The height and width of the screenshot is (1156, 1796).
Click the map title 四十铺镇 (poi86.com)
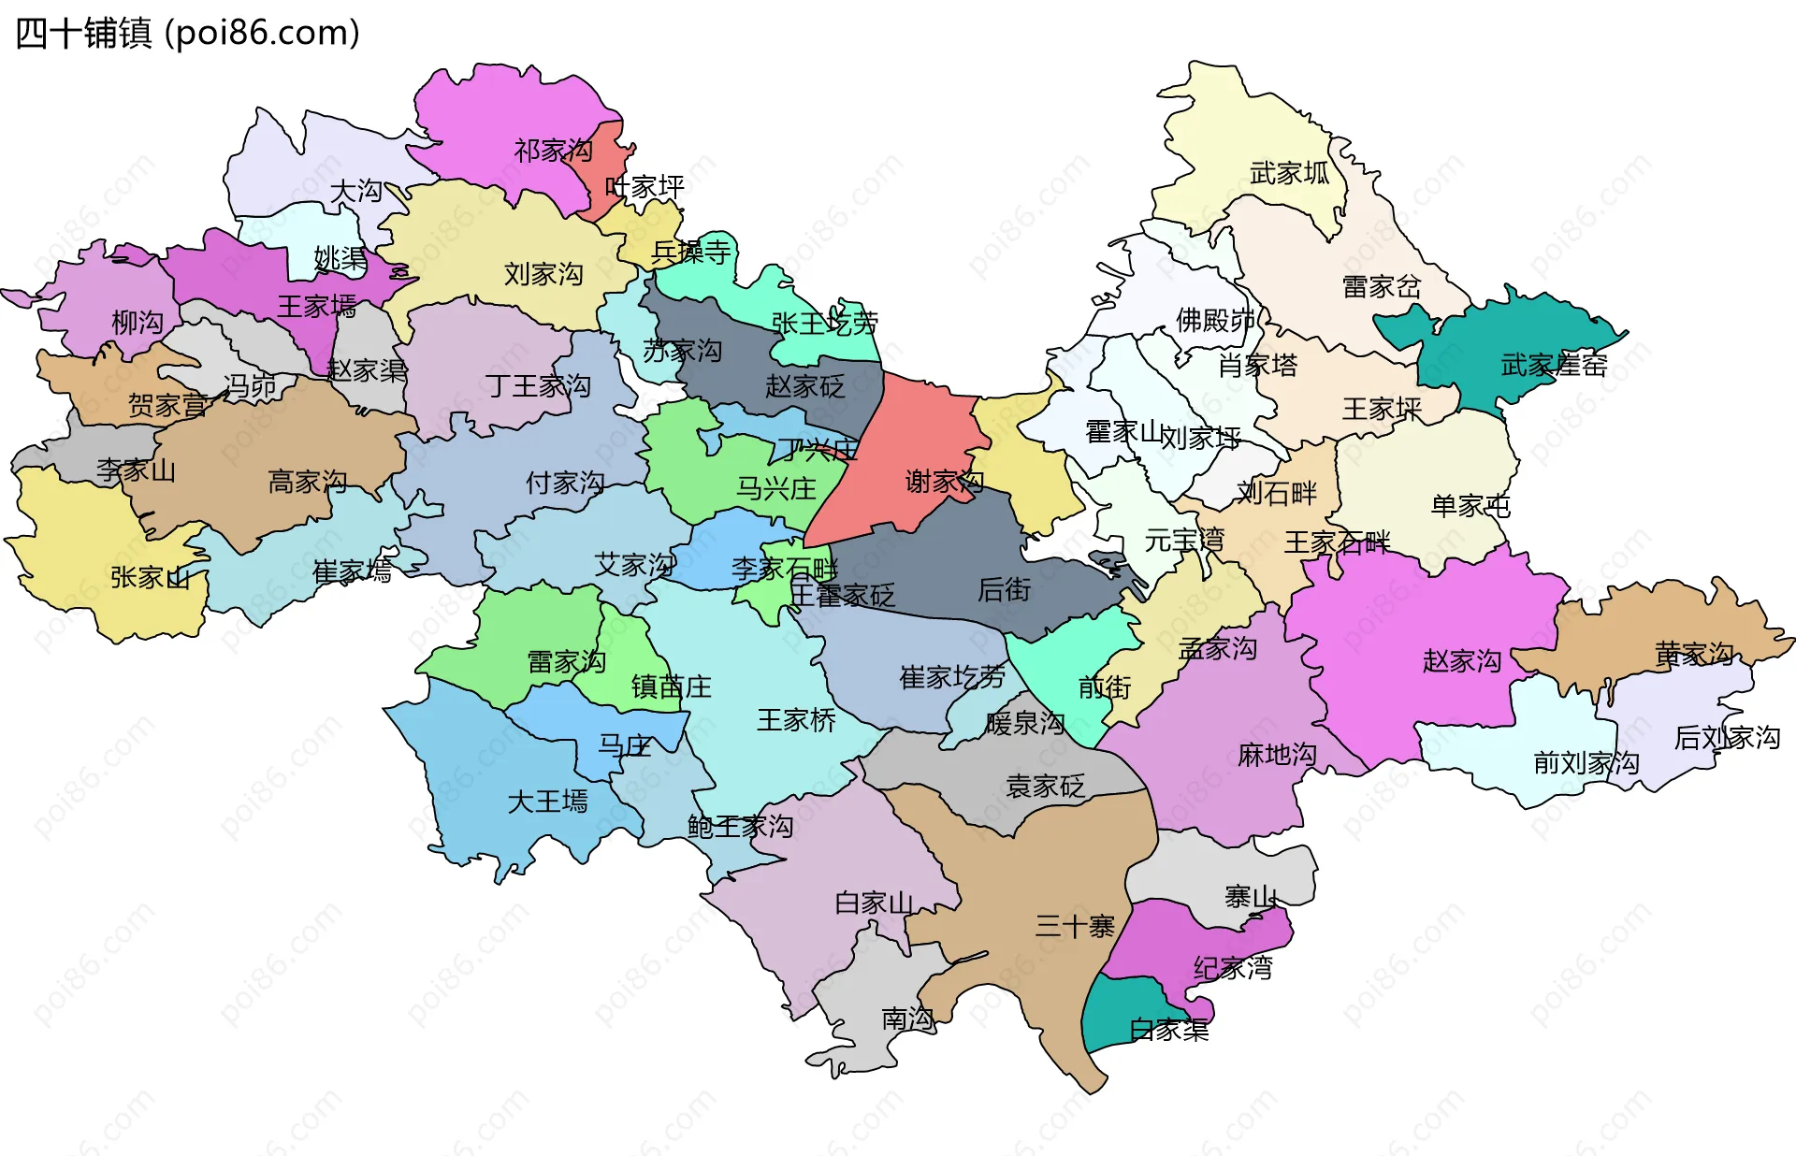coord(187,34)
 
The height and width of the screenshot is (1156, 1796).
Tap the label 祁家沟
coord(553,151)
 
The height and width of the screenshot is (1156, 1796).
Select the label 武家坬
coord(1289,173)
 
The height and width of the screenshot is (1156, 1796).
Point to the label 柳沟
coord(138,323)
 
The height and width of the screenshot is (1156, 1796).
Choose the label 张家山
coord(150,577)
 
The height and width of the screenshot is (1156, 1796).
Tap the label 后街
coord(1004,589)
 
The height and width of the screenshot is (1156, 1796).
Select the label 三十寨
coord(1074,926)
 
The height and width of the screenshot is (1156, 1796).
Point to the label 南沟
coord(907,1019)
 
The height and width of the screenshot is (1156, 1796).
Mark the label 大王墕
coord(547,802)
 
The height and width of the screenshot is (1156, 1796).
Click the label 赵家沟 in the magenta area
coord(1461,661)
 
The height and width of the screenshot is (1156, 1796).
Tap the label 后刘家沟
coord(1727,738)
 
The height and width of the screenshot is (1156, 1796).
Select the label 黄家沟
coord(1694,653)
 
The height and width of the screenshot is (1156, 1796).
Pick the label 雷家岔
coord(1381,287)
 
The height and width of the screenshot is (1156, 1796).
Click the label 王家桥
coord(796,720)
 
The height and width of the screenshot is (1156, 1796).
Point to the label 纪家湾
coord(1233,967)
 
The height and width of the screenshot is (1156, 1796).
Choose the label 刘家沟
coord(543,274)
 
